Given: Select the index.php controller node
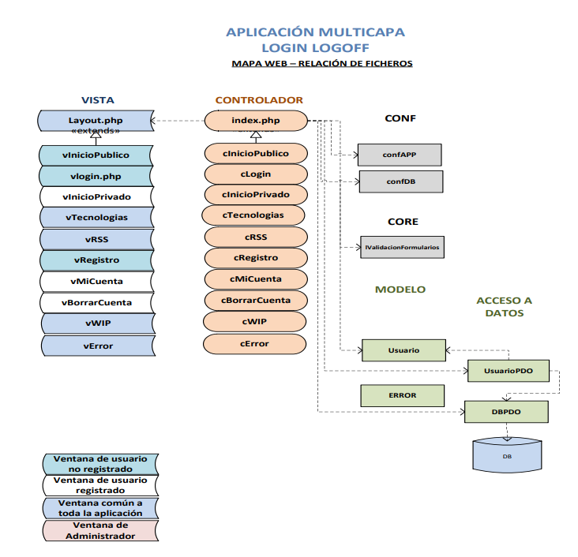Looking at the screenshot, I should click(x=256, y=121).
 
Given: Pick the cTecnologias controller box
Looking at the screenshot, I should click(x=253, y=215).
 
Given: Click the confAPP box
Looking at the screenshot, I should click(x=400, y=155).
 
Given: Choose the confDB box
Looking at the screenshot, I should click(x=400, y=181).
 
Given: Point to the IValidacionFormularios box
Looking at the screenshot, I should click(x=403, y=247).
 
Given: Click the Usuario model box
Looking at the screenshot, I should click(x=403, y=350).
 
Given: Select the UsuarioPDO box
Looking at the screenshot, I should click(x=507, y=370).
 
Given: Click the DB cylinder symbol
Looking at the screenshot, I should click(x=506, y=456).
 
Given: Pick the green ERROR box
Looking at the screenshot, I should click(x=402, y=394).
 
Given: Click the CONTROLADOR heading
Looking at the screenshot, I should click(x=259, y=100).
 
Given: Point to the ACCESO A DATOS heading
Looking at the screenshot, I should click(x=504, y=307).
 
